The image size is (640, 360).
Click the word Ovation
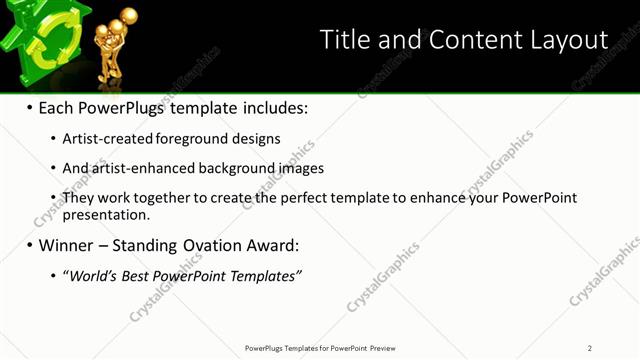point(212,245)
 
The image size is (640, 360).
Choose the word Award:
point(272,245)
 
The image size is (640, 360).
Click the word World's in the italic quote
point(93,275)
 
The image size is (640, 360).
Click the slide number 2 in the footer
point(590,348)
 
